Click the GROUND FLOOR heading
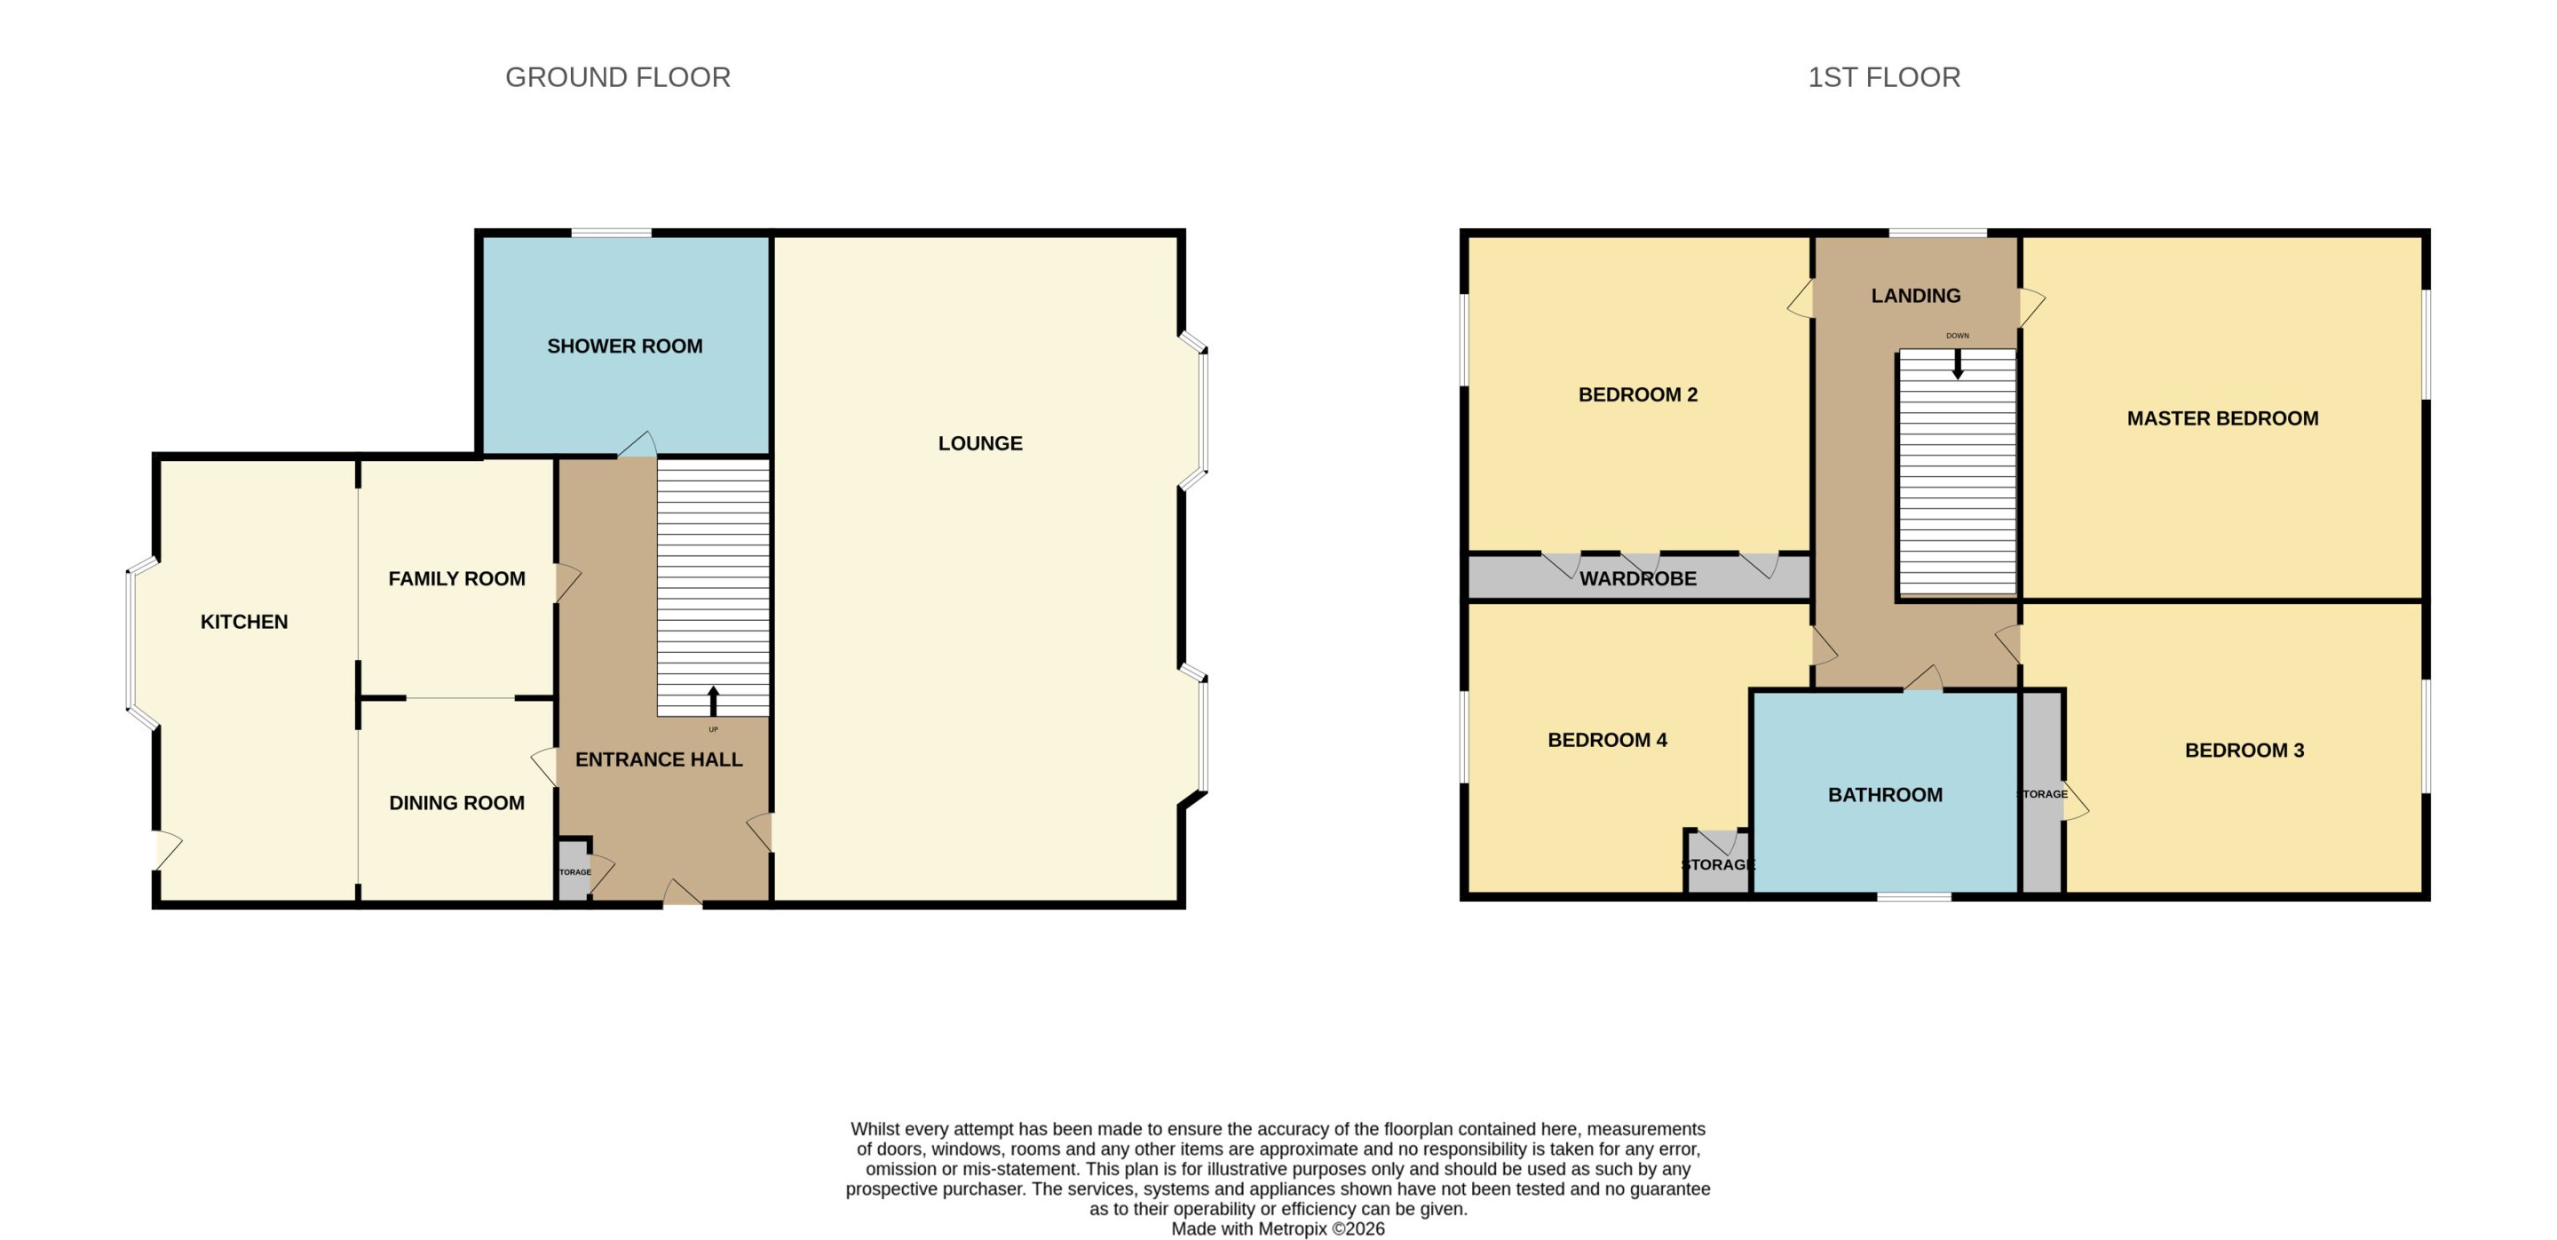[617, 77]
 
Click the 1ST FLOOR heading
[1884, 77]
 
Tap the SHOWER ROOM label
[624, 346]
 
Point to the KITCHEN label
[244, 623]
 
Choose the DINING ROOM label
[456, 803]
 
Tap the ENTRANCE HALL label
[659, 759]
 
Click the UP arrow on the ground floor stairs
[713, 701]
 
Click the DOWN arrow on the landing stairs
[1958, 364]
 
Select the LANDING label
[1916, 296]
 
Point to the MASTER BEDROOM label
[2222, 419]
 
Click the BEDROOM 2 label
[1638, 395]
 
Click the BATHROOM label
[1885, 795]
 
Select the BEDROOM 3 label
[2244, 751]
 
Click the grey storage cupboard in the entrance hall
[574, 871]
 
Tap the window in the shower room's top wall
[612, 234]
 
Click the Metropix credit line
[1278, 1229]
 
